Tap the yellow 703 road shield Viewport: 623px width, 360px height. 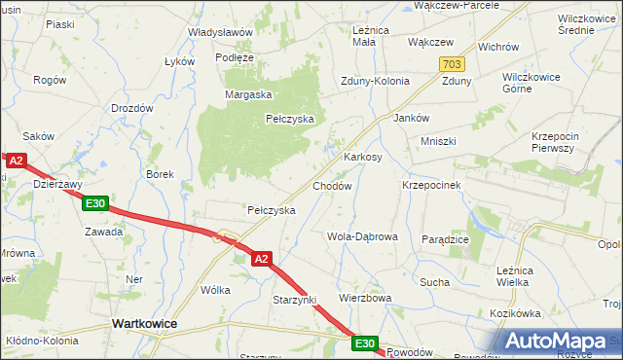point(452,63)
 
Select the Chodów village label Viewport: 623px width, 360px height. point(331,185)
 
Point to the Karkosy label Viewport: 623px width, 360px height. point(362,157)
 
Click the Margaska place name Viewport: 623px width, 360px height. point(248,94)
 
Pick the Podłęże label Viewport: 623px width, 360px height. point(235,57)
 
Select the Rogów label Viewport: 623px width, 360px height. point(49,80)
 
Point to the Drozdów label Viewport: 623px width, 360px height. point(132,108)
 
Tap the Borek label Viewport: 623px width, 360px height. point(160,175)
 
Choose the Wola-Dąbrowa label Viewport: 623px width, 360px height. point(362,236)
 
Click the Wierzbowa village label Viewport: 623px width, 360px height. point(364,298)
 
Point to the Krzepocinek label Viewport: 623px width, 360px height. point(431,184)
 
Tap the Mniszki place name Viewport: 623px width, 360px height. point(438,141)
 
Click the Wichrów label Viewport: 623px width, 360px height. point(498,47)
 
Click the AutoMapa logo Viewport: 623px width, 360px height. point(560,341)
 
